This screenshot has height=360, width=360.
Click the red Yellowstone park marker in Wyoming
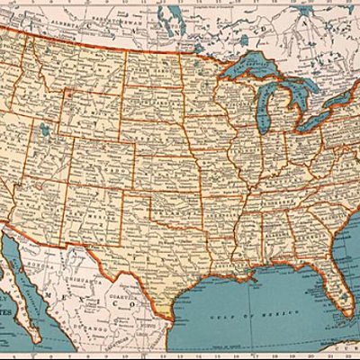(x=66, y=91)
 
